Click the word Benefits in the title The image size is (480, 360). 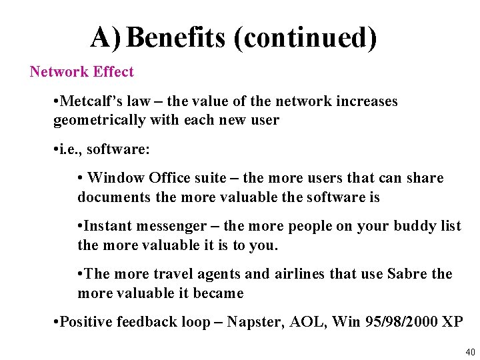pos(176,38)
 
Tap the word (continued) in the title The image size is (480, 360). pos(305,38)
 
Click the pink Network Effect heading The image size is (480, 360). pos(81,72)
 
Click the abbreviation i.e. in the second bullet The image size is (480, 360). pos(69,150)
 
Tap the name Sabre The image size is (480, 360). pos(408,274)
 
